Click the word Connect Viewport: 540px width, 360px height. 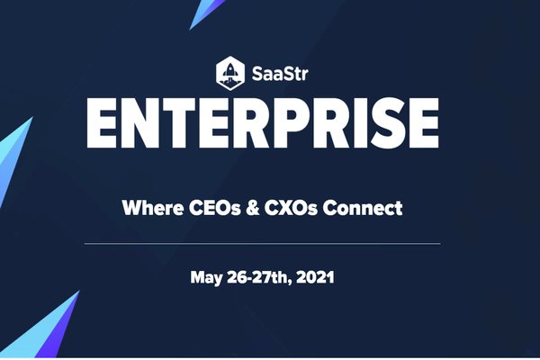point(372,209)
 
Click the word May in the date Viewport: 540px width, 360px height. point(206,277)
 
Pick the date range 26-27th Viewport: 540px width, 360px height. point(258,277)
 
